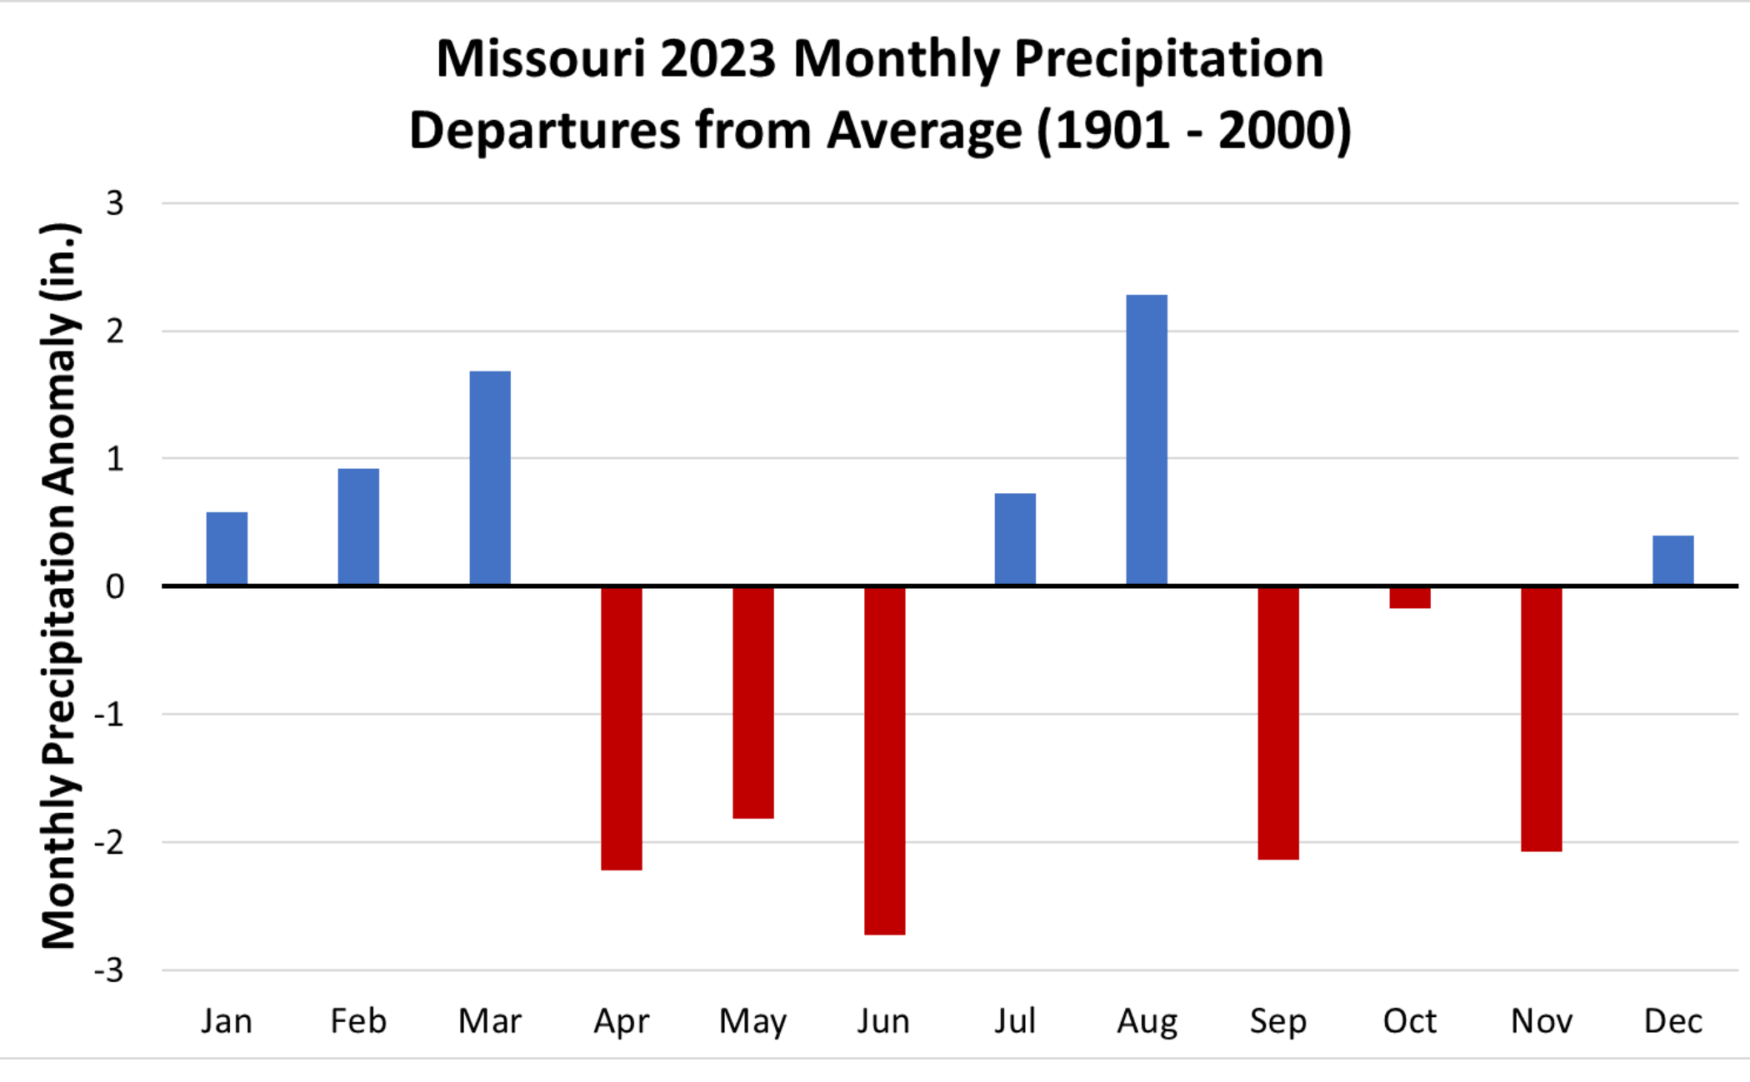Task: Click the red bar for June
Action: (x=884, y=760)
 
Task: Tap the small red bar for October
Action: (x=1410, y=597)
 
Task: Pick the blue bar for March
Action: (x=490, y=478)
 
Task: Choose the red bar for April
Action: (x=622, y=728)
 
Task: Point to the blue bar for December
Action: (x=1672, y=560)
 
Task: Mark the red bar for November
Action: (x=1541, y=718)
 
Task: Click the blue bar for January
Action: (x=227, y=548)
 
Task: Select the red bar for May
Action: (x=753, y=702)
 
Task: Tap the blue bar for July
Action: (x=1015, y=539)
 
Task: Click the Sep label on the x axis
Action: (x=1277, y=1021)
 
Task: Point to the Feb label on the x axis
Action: (x=358, y=1021)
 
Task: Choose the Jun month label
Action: (x=883, y=1021)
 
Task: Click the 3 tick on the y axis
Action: (x=115, y=203)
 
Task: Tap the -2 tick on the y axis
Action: (x=109, y=842)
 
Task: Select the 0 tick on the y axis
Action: (x=115, y=586)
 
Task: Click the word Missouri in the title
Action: (x=541, y=60)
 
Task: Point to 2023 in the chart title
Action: (x=718, y=60)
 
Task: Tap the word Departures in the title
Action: (x=545, y=132)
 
